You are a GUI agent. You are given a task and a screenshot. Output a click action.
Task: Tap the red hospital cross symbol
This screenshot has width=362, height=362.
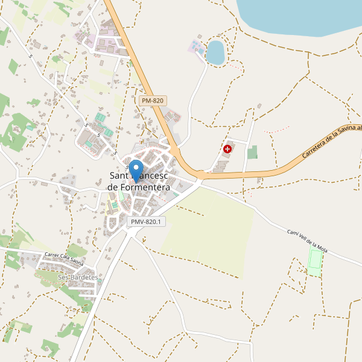(x=227, y=148)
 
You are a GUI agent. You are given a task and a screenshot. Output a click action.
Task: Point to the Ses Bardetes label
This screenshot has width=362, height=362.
(x=78, y=277)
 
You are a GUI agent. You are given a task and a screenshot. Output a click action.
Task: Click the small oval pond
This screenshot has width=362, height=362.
(x=215, y=52)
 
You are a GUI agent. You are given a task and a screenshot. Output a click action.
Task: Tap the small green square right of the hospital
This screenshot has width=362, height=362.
(x=252, y=152)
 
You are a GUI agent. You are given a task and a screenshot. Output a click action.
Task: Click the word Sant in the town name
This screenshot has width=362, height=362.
(x=119, y=176)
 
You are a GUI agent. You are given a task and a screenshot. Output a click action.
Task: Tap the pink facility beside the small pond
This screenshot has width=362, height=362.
(x=197, y=46)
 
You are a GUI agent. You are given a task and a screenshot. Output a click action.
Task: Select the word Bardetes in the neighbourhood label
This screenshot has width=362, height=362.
(x=83, y=277)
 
